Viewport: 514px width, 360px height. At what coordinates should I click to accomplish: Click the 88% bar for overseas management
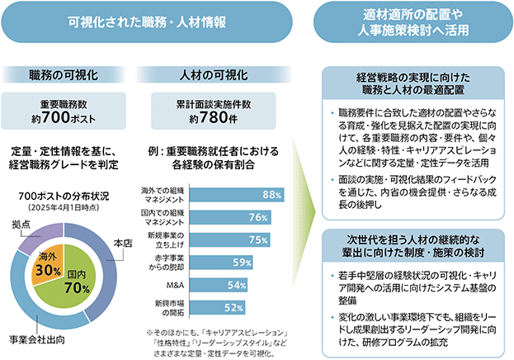coord(237,195)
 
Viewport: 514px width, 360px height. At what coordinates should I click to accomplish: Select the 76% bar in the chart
coord(230,217)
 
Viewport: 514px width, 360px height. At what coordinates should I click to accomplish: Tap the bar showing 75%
coord(230,240)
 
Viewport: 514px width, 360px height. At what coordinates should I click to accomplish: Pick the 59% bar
coord(221,263)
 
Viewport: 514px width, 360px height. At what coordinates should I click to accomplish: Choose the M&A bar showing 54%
coord(219,285)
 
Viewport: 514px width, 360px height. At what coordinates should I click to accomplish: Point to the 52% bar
coord(217,307)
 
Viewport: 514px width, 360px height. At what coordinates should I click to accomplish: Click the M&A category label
coord(175,285)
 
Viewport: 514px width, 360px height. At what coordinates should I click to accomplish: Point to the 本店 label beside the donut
coord(123,244)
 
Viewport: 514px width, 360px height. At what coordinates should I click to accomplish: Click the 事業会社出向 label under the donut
coord(37,340)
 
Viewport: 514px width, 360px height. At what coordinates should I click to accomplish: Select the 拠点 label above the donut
coord(21,224)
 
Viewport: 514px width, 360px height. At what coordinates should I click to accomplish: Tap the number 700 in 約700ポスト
coord(56,116)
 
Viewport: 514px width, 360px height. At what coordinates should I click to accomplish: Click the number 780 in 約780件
coord(213,116)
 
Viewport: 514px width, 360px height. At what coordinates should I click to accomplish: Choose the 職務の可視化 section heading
coord(64,75)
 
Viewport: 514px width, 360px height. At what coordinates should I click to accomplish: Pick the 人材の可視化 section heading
coord(214,75)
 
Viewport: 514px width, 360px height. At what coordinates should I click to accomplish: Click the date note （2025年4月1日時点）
coord(64,208)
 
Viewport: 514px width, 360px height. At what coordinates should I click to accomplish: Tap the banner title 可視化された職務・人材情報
coord(147,22)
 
